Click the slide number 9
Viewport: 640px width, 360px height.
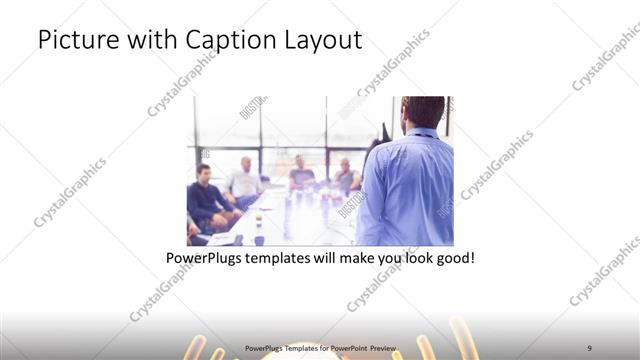click(x=589, y=348)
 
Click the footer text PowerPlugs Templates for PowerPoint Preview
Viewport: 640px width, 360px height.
click(x=319, y=349)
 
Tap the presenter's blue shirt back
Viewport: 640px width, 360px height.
click(x=407, y=185)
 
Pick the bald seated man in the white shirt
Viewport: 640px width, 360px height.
click(x=243, y=180)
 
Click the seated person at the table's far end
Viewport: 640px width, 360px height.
click(x=301, y=172)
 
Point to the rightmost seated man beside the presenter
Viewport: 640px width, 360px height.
click(x=345, y=176)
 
